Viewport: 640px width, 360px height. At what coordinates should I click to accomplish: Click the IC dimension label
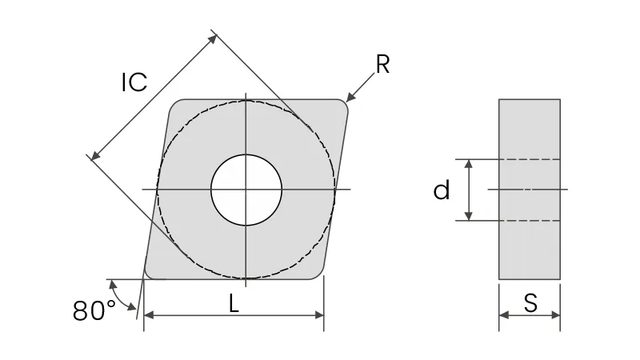pos(134,82)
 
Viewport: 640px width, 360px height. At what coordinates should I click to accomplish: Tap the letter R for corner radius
pos(382,65)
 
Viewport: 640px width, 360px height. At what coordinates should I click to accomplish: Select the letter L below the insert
pos(234,304)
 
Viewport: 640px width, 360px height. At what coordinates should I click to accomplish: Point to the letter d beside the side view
pos(442,190)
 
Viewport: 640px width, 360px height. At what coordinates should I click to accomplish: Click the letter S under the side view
pos(530,303)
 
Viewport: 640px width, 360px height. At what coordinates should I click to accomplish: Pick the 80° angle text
pos(94,310)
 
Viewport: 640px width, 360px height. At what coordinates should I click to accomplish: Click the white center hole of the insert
pos(246,190)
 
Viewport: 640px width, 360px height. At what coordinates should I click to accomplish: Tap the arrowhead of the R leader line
pos(350,97)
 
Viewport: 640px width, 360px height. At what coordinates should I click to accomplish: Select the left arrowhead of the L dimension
pos(149,314)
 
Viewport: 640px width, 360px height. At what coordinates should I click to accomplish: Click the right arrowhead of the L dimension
pos(318,314)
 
